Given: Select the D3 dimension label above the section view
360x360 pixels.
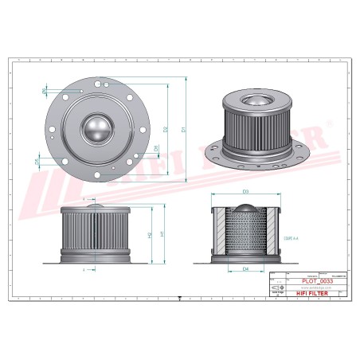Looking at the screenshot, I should point(245,194).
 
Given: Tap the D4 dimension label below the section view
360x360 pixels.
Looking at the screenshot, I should point(245,269).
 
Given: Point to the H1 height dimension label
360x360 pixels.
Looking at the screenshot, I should point(162,234).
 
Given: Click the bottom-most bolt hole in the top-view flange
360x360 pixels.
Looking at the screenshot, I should point(98,179).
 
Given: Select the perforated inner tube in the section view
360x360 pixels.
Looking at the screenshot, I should point(245,237).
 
